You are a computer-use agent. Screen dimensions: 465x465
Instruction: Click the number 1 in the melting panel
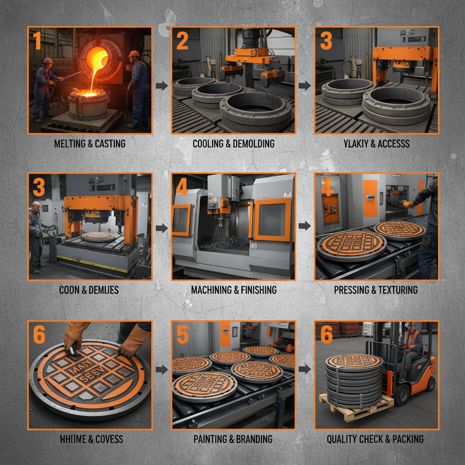point(37,41)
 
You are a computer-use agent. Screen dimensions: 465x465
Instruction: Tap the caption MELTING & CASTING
point(90,144)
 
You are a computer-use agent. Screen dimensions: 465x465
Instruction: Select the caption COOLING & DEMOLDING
point(233,144)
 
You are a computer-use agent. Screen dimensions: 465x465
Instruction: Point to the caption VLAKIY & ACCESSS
point(377,144)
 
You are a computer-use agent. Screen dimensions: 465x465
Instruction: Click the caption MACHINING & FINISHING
point(233,290)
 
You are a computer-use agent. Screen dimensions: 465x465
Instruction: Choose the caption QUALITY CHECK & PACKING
point(375,439)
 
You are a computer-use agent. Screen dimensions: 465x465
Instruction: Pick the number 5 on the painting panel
point(182,335)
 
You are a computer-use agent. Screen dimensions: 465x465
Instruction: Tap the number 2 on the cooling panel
point(182,41)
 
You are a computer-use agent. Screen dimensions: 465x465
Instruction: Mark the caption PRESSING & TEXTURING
point(376,290)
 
